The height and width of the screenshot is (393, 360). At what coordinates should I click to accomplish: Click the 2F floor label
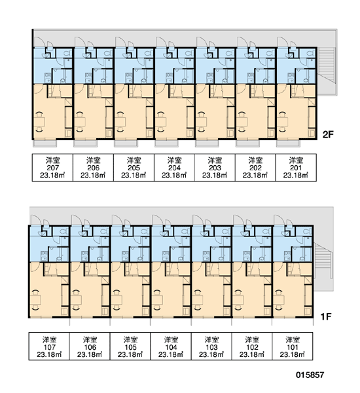(x=328, y=135)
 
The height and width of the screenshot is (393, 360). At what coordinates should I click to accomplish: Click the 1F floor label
(x=326, y=317)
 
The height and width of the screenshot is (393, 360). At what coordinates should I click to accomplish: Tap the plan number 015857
(x=310, y=375)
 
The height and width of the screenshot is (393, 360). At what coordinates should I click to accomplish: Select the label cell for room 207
(x=52, y=168)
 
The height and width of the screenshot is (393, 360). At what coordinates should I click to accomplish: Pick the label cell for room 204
(x=174, y=168)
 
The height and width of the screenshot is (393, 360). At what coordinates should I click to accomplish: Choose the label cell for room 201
(x=296, y=168)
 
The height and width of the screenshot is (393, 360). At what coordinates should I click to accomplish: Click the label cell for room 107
(x=49, y=346)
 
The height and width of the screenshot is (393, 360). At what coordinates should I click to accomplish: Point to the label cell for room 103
(x=211, y=346)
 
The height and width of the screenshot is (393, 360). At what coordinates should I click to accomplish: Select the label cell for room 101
(x=293, y=346)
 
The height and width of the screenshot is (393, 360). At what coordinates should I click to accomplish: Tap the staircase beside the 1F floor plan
(x=323, y=261)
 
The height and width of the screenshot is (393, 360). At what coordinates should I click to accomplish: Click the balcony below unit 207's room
(x=45, y=143)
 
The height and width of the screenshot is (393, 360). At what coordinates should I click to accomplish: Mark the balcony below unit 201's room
(x=289, y=143)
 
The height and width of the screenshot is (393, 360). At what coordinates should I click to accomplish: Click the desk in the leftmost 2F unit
(x=39, y=122)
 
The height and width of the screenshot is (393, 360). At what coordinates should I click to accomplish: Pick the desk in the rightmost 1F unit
(x=279, y=300)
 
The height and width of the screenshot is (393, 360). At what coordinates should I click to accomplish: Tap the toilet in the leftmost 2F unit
(x=67, y=53)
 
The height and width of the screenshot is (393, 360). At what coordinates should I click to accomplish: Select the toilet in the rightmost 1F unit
(x=307, y=231)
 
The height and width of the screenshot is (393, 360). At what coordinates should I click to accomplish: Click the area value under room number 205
(x=134, y=176)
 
